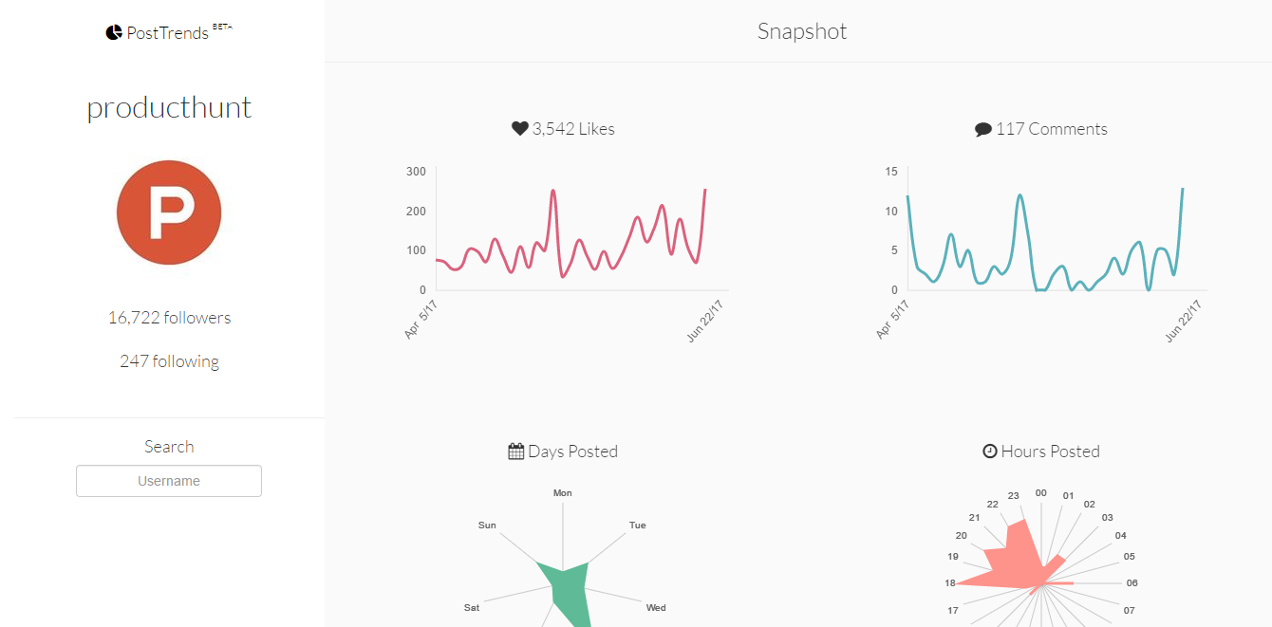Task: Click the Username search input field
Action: coord(169,481)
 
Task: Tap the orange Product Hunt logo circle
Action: coord(169,212)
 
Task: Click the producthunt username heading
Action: coord(169,107)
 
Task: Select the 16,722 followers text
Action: coord(169,318)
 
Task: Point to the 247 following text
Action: coord(169,361)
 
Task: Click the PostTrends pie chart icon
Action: coord(114,32)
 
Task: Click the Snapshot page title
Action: coord(802,31)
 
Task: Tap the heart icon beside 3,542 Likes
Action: coord(519,128)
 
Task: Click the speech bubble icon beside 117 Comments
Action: coord(983,130)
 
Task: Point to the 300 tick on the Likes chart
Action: coord(416,172)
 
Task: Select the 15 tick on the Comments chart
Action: coord(891,172)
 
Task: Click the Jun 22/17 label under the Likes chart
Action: coord(705,321)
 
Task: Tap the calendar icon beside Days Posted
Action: coord(516,452)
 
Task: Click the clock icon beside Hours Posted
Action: coord(990,452)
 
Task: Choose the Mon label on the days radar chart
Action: coord(563,493)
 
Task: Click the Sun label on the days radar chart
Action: coord(487,525)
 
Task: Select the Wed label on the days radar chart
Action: coord(656,607)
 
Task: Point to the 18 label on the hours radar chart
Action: coord(950,583)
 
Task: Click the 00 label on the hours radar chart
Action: coord(1041,493)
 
